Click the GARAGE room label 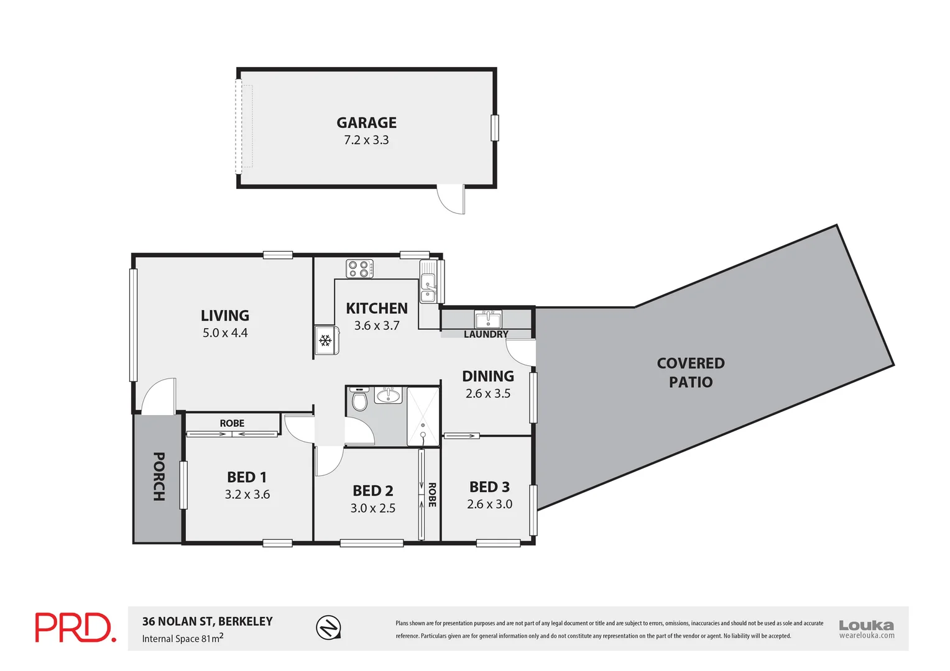coord(366,123)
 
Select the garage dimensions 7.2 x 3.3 coord(366,140)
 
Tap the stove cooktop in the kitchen coord(359,269)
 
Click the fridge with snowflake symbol coord(325,340)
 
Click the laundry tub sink coord(488,319)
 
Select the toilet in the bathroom coord(359,400)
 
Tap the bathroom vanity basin coord(389,395)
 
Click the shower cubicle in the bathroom coord(423,416)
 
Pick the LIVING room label coord(225,316)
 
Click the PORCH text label coord(159,477)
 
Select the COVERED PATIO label coord(691,372)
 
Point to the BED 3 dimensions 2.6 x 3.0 coord(489,504)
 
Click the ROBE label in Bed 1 coord(232,423)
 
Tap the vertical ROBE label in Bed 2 coord(431,495)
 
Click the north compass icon coord(328,627)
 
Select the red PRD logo coord(75,628)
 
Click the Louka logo coord(866,628)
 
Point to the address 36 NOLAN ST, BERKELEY coord(207,621)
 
